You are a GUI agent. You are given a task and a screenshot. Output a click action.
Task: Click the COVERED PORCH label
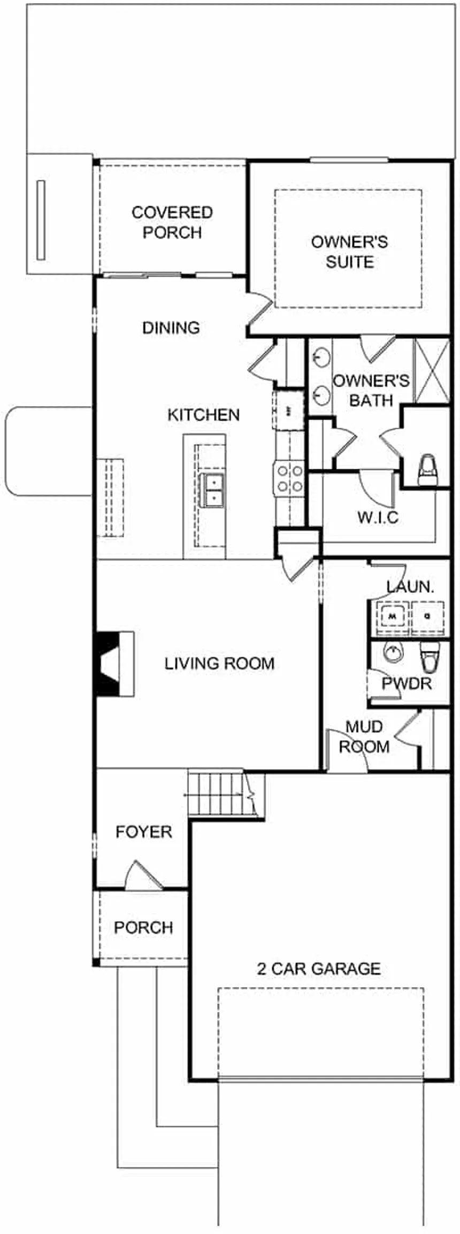(172, 222)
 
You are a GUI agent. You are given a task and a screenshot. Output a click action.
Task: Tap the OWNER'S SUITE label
(349, 252)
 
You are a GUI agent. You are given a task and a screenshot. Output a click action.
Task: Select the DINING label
(171, 328)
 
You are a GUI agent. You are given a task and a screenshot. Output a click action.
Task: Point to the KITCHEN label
(203, 415)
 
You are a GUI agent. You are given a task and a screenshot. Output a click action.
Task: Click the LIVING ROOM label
(219, 663)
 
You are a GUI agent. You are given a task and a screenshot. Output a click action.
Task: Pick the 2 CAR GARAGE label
(319, 968)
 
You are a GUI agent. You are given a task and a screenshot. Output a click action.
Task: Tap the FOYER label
(144, 832)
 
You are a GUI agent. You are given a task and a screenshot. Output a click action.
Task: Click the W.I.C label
(378, 517)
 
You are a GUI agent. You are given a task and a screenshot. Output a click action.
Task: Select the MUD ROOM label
(364, 736)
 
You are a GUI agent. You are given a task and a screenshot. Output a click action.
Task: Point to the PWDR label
(407, 683)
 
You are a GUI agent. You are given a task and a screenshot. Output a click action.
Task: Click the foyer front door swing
(142, 876)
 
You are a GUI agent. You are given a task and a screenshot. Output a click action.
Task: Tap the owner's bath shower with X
(432, 370)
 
